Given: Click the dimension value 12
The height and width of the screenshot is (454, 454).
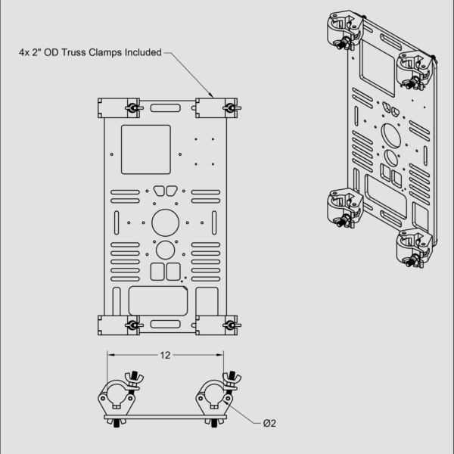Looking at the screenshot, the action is (165, 355).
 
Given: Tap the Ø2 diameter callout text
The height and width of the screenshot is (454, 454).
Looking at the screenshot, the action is (269, 423).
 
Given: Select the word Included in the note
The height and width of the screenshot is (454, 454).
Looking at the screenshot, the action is (143, 52).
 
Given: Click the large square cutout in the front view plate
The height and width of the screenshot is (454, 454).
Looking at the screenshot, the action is (146, 150).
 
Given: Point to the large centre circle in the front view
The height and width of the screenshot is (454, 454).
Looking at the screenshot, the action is (165, 222).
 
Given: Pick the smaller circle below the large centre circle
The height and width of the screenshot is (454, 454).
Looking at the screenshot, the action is (165, 250).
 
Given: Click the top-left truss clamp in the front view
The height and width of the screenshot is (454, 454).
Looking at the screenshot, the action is (120, 108).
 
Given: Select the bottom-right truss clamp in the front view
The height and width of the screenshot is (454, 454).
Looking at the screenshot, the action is (218, 325).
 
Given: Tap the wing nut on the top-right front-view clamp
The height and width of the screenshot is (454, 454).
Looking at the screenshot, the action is (232, 108).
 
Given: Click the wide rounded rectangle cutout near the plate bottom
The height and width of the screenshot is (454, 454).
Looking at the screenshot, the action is (158, 301).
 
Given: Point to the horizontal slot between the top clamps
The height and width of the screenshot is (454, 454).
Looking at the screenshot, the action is (165, 108).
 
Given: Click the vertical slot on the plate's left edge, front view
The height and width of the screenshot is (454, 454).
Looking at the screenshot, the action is (117, 222).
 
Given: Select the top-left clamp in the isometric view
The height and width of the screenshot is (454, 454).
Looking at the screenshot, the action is (344, 31).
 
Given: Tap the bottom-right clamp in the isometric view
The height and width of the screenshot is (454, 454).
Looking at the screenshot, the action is (415, 248).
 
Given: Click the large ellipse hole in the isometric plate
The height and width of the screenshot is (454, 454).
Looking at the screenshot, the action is (391, 135).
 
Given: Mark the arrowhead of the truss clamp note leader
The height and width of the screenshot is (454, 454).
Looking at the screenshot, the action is (212, 96).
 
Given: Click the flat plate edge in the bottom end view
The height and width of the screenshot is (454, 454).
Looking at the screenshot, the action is (165, 417).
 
